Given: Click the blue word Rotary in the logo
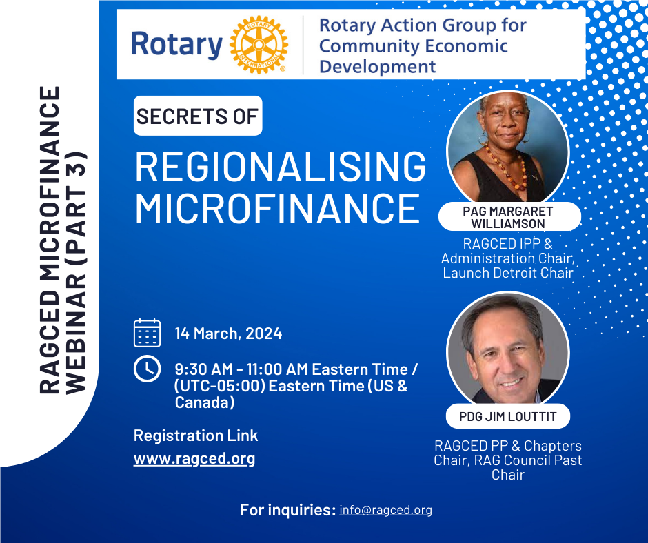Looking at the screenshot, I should [176, 45].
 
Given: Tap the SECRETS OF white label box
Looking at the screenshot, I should [197, 116].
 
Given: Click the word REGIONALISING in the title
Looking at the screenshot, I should [280, 166].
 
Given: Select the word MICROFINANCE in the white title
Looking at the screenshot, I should [276, 207].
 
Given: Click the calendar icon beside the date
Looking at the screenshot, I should [147, 333].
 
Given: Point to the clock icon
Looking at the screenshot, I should [147, 369].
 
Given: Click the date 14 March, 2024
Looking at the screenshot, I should [228, 334].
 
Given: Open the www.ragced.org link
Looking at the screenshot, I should [194, 458].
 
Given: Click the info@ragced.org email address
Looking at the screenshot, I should [385, 510].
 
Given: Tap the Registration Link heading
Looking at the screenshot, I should [196, 436].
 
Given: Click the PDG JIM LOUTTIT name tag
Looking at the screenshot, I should [508, 416].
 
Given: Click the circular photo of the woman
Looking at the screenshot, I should [508, 148].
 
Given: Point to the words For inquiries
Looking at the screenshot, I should [287, 510].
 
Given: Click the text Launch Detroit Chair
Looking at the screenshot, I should [508, 272].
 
